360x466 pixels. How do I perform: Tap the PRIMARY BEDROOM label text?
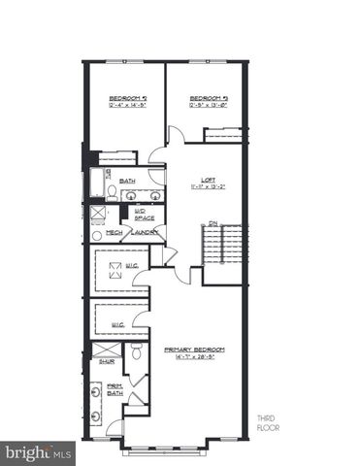point(195,349)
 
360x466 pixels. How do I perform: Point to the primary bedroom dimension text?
point(195,356)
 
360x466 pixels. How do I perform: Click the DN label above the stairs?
point(213,222)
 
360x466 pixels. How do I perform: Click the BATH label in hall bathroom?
point(127,181)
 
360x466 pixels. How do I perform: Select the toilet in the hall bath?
point(113,193)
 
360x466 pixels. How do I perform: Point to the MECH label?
point(114,233)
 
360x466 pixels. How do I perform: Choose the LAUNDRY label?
point(145,233)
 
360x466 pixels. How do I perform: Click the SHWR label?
point(107,361)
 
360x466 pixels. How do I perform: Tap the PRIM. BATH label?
point(115,390)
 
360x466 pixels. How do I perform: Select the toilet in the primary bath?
point(136,352)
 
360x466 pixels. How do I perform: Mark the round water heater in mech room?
point(97,234)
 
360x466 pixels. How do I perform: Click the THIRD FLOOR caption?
point(267,422)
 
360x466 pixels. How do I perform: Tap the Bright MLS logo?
point(38,452)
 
